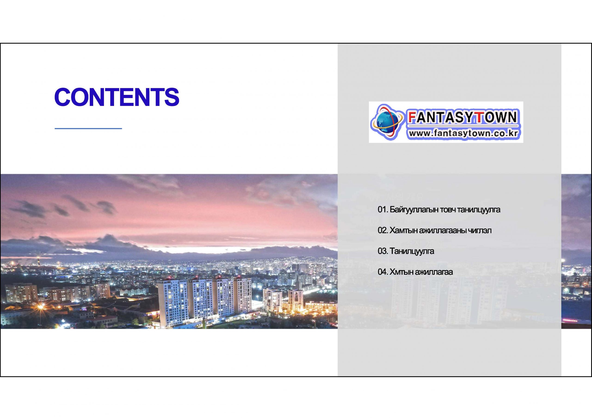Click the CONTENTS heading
[x=117, y=97]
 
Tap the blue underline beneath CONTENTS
[x=88, y=128]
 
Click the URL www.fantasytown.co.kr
[x=463, y=134]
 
